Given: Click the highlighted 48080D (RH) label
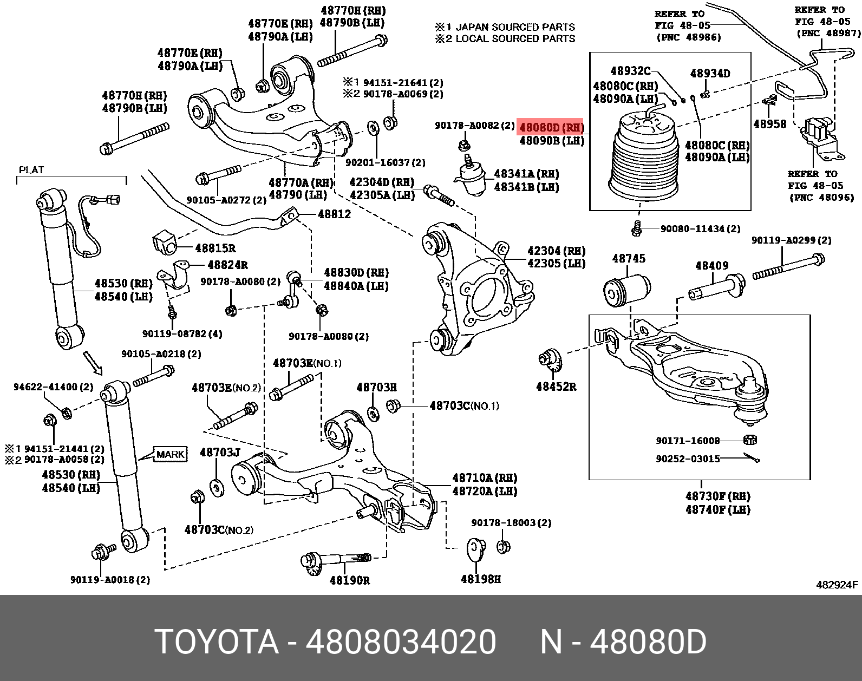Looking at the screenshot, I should click(551, 128).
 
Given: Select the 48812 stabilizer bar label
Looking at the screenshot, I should click(334, 214).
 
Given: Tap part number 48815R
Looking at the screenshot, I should click(215, 248).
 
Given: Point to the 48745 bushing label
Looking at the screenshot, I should click(628, 258).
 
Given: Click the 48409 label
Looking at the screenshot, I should click(711, 266).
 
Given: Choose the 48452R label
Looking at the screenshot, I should click(556, 387).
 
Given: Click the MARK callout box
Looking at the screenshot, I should click(171, 454).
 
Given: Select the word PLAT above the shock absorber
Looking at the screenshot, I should click(31, 169).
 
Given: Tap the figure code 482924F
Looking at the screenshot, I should click(837, 585).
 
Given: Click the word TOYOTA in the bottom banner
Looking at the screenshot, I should click(217, 643).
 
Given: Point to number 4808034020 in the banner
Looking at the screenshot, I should click(401, 643).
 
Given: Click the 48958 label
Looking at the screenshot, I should click(769, 124).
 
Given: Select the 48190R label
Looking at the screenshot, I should click(349, 580).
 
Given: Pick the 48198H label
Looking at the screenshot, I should click(480, 579).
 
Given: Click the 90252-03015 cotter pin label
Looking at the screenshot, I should click(688, 459).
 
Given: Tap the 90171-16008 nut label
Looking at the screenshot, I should click(688, 441).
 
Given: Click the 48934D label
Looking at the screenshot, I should click(710, 73).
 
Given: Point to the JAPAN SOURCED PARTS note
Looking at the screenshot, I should click(515, 27).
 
